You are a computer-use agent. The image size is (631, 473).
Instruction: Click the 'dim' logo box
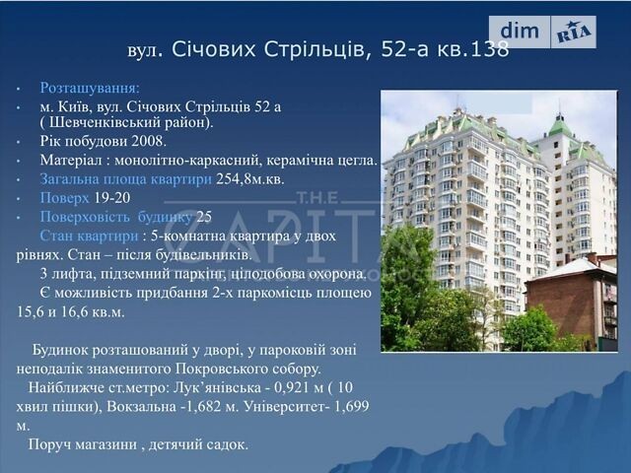coord(520,32)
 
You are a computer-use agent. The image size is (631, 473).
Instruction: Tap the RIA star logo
coord(574,33)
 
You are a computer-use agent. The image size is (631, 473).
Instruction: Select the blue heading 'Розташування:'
coord(90,88)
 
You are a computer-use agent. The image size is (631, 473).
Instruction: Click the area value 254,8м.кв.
coord(249,179)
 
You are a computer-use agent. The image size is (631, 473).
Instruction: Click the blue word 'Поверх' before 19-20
coord(64,198)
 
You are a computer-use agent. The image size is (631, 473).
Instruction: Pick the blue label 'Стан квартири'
coord(89,236)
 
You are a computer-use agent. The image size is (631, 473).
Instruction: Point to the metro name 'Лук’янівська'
coord(217,387)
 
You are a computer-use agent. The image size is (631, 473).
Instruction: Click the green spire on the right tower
coord(559,122)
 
